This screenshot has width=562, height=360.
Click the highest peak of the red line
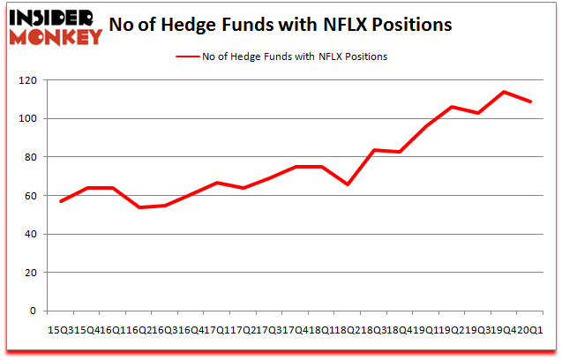pos(503,92)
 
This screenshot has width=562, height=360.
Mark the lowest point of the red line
pos(139,207)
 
